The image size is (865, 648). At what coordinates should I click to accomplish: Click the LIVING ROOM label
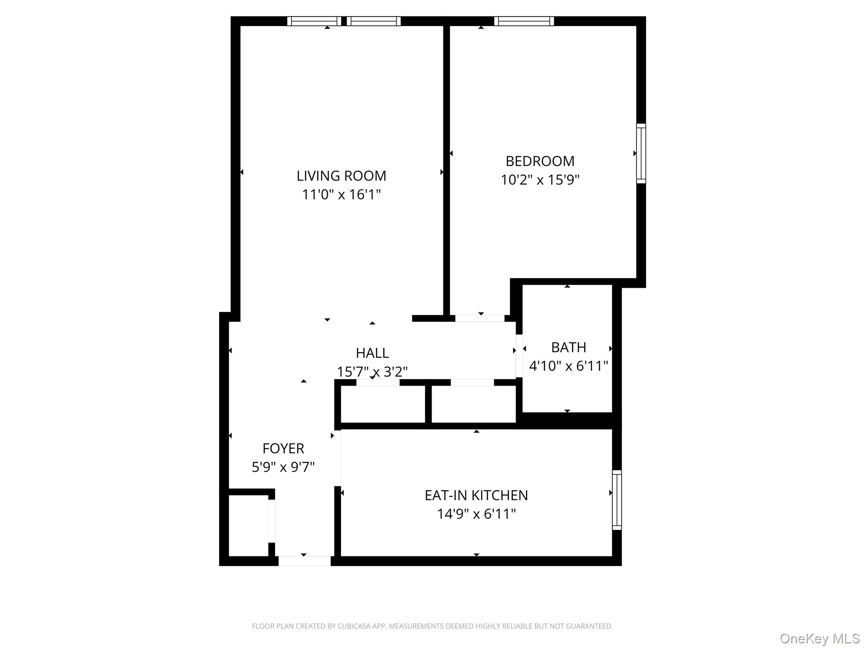pyautogui.click(x=341, y=175)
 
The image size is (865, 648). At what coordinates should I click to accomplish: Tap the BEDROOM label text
pyautogui.click(x=540, y=161)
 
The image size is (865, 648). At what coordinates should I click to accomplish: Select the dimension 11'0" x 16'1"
pyautogui.click(x=341, y=194)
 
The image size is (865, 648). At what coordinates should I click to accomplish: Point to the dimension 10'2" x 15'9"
pyautogui.click(x=540, y=180)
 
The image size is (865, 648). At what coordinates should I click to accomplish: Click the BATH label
pyautogui.click(x=568, y=347)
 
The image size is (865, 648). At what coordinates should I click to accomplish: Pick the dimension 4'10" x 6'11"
pyautogui.click(x=568, y=366)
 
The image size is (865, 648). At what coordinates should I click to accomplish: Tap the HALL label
pyautogui.click(x=372, y=353)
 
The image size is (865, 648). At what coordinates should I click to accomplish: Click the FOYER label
pyautogui.click(x=283, y=448)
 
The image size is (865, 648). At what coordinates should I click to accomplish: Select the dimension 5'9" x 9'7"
pyautogui.click(x=283, y=467)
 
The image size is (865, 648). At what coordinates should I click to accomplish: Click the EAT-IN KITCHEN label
pyautogui.click(x=476, y=495)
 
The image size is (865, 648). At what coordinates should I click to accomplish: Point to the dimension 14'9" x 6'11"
pyautogui.click(x=476, y=514)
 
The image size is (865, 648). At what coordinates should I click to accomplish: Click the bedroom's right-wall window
pyautogui.click(x=641, y=153)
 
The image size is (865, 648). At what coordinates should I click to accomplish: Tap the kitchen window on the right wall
pyautogui.click(x=617, y=499)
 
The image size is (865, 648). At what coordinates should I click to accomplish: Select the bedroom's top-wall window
pyautogui.click(x=524, y=21)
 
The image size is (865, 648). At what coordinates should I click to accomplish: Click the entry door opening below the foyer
pyautogui.click(x=304, y=561)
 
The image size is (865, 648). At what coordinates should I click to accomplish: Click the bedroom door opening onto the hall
pyautogui.click(x=479, y=318)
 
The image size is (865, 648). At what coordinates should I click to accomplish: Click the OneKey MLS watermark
pyautogui.click(x=819, y=639)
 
